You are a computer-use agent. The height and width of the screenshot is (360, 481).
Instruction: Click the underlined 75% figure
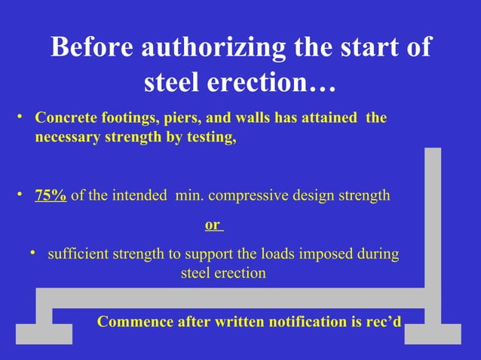point(51,196)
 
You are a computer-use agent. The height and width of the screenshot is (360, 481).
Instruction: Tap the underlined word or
point(213,224)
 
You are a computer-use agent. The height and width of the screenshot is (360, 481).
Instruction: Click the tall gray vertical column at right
point(433,218)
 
